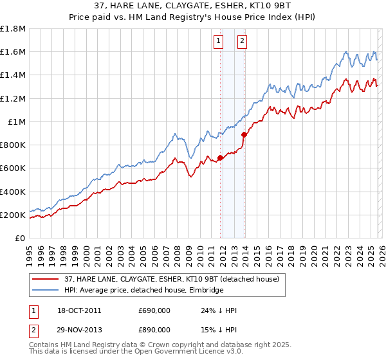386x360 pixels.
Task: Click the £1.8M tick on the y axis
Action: pyautogui.click(x=14, y=29)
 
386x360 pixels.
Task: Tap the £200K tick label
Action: pyautogui.click(x=13, y=215)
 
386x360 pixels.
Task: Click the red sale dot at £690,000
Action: pyautogui.click(x=220, y=157)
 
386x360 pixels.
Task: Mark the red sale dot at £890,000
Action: pyautogui.click(x=244, y=134)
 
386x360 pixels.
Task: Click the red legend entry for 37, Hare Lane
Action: pyautogui.click(x=171, y=279)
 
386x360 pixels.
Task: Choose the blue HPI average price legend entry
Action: pyautogui.click(x=143, y=291)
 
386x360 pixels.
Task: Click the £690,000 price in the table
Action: pyautogui.click(x=154, y=310)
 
